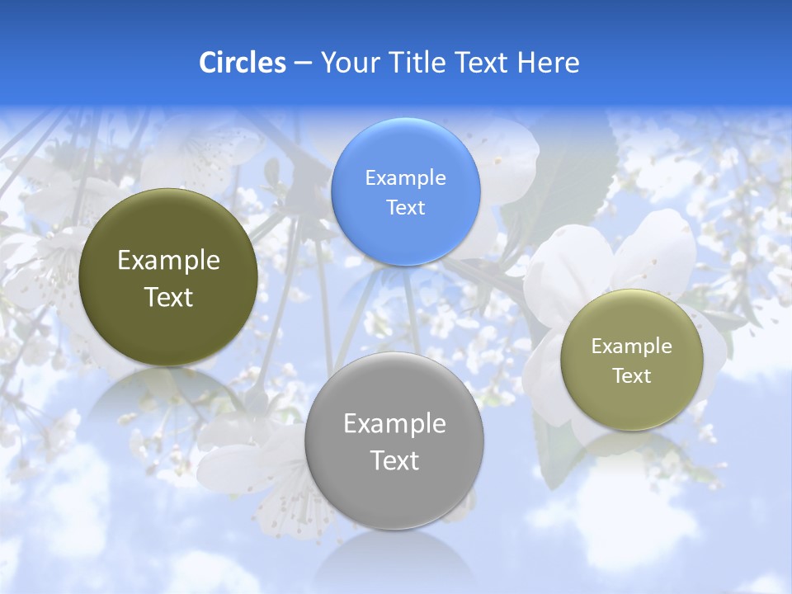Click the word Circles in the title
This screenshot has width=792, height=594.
click(243, 63)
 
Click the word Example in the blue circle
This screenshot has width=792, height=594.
click(405, 177)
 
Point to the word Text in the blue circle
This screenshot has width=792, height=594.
click(405, 207)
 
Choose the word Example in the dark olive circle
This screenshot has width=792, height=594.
click(168, 261)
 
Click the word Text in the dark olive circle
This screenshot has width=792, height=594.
click(168, 297)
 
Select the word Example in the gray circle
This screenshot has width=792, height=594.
click(394, 424)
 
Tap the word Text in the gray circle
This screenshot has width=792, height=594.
click(394, 460)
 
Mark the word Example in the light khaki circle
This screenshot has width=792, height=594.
click(632, 346)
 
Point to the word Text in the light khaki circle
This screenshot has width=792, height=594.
click(632, 376)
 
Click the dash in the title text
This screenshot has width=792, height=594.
click(303, 63)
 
